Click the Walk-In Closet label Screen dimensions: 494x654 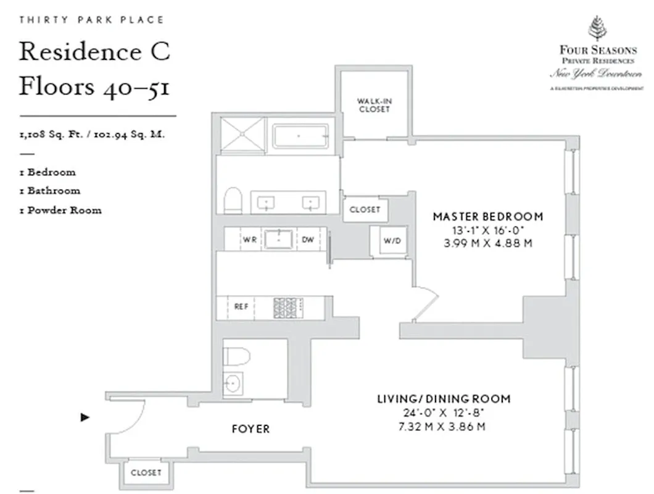click(373, 105)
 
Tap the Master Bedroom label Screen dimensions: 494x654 click(487, 217)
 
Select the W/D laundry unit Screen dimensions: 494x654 click(392, 241)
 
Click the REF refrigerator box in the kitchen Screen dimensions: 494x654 click(241, 307)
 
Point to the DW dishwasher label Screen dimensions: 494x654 click(308, 240)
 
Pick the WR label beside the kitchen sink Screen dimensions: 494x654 click(250, 240)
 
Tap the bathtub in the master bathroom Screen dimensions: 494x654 click(300, 136)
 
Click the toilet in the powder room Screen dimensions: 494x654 click(236, 356)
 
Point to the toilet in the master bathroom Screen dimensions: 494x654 click(233, 201)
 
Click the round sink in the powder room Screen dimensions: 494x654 click(233, 383)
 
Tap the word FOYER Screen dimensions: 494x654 click(250, 429)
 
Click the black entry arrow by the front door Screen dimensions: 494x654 click(85, 417)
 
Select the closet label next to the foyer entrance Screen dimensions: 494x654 click(146, 473)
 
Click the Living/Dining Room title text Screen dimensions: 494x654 click(444, 399)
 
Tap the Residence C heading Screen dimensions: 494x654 click(94, 52)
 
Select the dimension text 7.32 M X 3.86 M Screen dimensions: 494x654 click(444, 427)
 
